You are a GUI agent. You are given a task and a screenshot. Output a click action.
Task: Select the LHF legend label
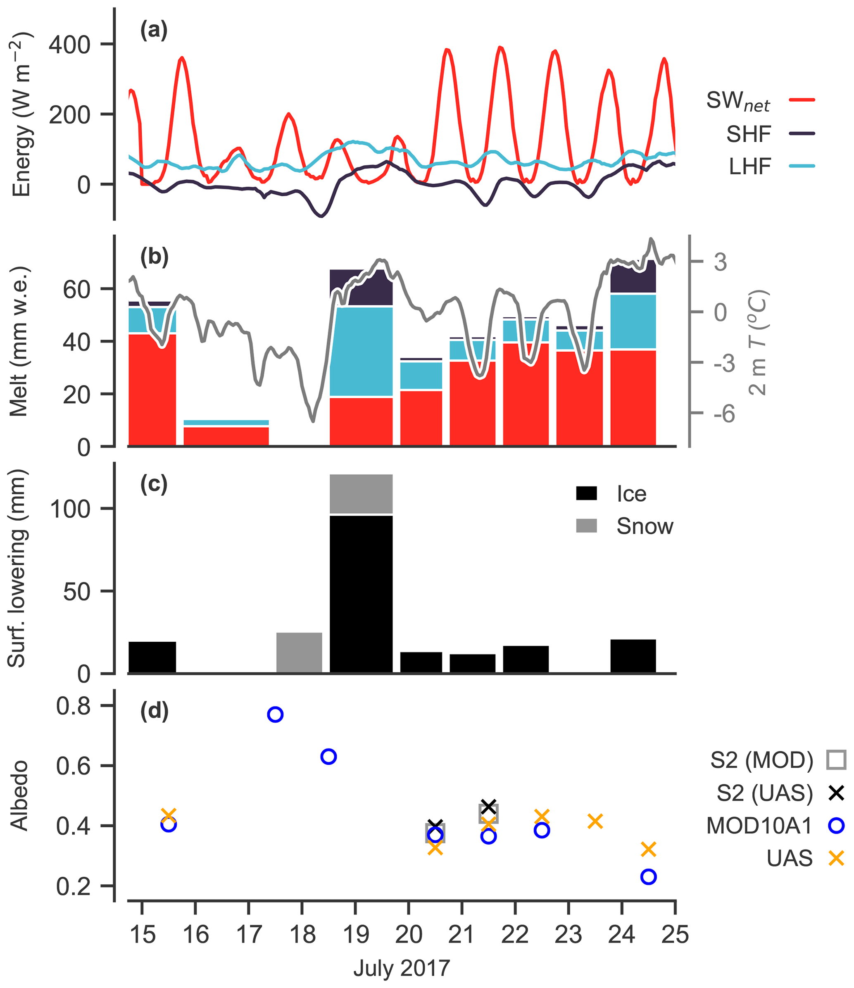(x=749, y=167)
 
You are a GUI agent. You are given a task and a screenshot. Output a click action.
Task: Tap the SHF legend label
(x=748, y=134)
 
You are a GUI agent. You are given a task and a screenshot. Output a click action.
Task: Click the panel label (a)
(x=154, y=31)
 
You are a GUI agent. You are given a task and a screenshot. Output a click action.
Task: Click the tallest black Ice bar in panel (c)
(x=361, y=594)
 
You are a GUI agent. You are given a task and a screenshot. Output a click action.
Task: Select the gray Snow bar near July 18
(x=299, y=653)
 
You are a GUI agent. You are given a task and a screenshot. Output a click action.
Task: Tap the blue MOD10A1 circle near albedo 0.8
(x=275, y=714)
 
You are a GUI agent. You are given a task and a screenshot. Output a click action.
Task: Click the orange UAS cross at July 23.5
(x=595, y=821)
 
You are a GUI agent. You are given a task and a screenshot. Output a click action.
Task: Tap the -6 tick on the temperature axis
(x=724, y=414)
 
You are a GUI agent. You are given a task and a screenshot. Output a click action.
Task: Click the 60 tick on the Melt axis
(x=76, y=289)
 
